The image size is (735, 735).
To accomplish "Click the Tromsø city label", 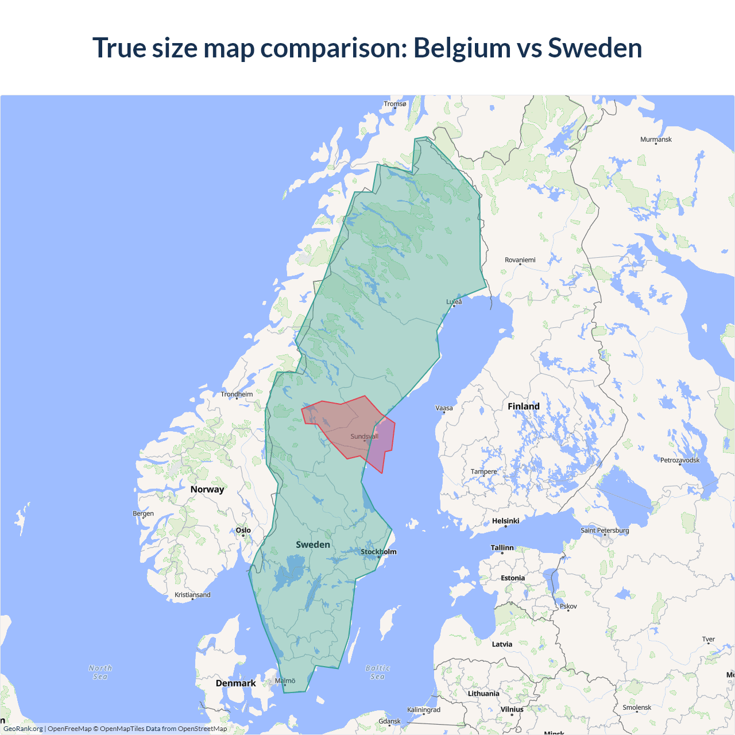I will click(394, 104).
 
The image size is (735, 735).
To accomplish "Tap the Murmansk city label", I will click(656, 140).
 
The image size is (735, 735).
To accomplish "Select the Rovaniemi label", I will click(520, 260).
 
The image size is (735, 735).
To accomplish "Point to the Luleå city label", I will click(454, 301).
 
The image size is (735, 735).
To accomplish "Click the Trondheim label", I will click(237, 394).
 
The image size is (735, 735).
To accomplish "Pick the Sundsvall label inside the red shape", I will click(364, 436).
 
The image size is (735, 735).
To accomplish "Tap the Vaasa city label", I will click(444, 408).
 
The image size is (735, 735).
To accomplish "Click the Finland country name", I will click(523, 407).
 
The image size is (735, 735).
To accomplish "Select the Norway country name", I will click(207, 489).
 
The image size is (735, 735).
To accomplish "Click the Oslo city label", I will click(243, 530).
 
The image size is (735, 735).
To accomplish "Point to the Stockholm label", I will click(378, 552).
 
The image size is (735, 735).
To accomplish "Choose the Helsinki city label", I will click(505, 521).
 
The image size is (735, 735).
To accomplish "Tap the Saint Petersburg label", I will click(605, 530).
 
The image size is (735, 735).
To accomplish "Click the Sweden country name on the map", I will click(313, 544).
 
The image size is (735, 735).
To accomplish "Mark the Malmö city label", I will click(285, 680).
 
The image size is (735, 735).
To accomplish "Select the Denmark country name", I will click(235, 683).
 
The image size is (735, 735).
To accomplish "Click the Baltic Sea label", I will click(377, 672).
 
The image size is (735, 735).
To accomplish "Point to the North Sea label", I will click(100, 672).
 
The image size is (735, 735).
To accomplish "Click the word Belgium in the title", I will click(462, 48).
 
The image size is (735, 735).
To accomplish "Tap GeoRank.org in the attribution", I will click(23, 729).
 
